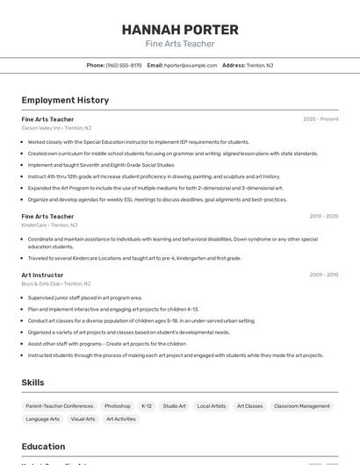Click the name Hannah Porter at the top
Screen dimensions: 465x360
tap(179, 29)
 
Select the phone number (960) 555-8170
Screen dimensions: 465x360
tap(124, 65)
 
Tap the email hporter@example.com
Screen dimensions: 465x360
tap(191, 65)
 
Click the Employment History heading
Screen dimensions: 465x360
tap(65, 100)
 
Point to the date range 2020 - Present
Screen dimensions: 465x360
tap(320, 119)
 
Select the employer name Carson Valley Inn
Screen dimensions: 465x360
tap(41, 128)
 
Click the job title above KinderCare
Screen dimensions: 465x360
tap(47, 216)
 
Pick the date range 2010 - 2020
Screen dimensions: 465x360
tap(323, 216)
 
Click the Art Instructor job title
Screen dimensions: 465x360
tap(42, 275)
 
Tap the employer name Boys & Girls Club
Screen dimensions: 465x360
tap(41, 283)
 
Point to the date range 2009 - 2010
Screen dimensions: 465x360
tap(323, 275)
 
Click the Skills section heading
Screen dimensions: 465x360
tap(32, 383)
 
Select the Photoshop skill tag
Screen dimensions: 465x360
tap(118, 406)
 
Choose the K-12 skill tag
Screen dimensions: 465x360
tap(147, 406)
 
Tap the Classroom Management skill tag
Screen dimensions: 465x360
tap(302, 406)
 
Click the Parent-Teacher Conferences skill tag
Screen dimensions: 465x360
tap(60, 406)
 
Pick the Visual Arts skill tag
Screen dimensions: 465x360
tap(83, 419)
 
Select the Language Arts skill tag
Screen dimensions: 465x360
tap(42, 419)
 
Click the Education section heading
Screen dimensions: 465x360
tap(43, 446)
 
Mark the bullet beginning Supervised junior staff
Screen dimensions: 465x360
tap(84, 297)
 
